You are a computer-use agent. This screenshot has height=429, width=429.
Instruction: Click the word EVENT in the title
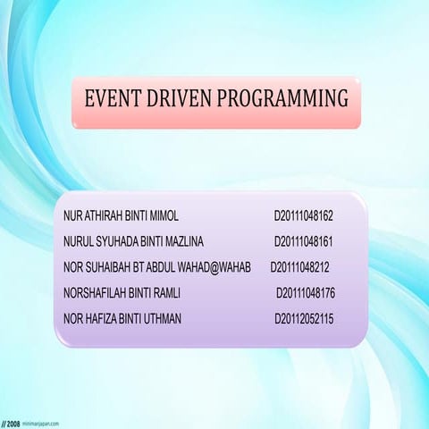(109, 98)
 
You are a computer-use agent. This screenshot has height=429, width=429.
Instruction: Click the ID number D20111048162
(304, 216)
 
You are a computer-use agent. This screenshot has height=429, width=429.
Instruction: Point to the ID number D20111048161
(304, 241)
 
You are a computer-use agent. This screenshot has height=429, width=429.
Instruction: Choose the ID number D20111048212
(300, 267)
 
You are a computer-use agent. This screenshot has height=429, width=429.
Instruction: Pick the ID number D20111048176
(306, 292)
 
